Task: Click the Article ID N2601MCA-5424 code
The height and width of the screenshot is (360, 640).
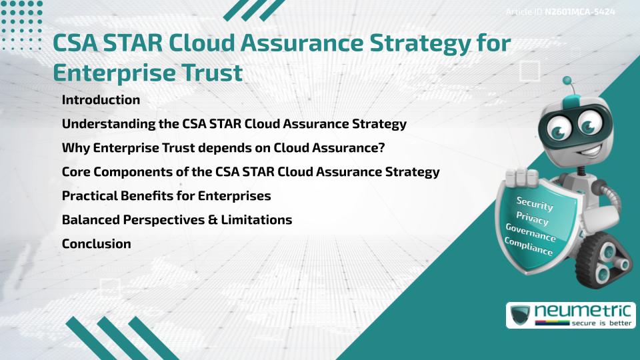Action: coord(579,12)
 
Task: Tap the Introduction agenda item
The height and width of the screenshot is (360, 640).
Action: coord(101,100)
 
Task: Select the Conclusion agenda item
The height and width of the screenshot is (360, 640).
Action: coord(96,244)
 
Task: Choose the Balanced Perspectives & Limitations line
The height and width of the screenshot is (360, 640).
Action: coord(177,220)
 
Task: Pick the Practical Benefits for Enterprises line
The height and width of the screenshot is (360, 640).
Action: coord(166,196)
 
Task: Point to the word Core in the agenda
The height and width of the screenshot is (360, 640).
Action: coord(76,172)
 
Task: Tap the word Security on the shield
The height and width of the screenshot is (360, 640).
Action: coord(535,204)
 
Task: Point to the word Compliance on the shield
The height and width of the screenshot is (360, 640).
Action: coord(529,247)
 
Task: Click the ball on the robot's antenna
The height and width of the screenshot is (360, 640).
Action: coord(568,81)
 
